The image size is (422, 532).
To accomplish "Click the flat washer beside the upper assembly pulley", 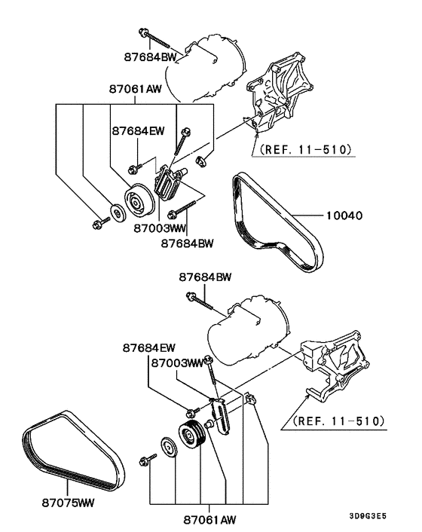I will tap(117, 213).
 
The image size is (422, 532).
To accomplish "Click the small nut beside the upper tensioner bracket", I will tap(202, 161).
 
